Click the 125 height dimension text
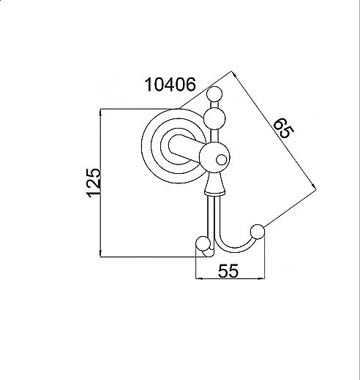coord(93,183)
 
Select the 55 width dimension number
coord(229,271)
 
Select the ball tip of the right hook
coord(257,232)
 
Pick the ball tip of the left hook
coord(203,243)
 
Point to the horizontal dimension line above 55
coord(229,281)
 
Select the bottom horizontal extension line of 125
coord(146,256)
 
